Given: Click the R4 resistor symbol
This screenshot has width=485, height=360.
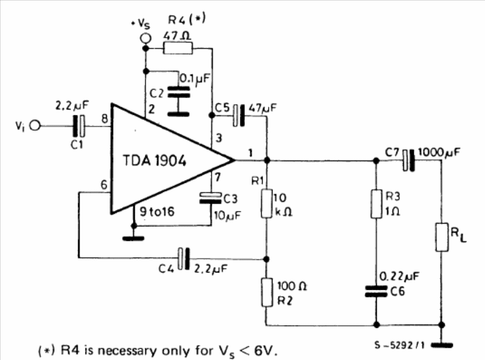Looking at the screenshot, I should click(x=178, y=48).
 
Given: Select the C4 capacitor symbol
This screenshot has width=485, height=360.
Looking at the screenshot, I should click(x=181, y=257).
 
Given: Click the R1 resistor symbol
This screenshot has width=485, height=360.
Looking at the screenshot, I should click(x=266, y=205).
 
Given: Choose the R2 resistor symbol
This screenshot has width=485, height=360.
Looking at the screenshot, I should click(x=266, y=291).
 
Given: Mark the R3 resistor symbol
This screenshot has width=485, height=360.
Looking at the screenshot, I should click(x=375, y=205).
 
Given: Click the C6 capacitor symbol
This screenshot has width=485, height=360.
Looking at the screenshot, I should click(x=375, y=290).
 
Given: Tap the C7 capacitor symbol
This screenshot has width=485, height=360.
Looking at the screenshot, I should click(x=408, y=161).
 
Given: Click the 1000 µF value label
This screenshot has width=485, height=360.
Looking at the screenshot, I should click(x=439, y=151).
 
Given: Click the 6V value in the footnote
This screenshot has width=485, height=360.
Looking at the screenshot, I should click(x=263, y=351).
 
